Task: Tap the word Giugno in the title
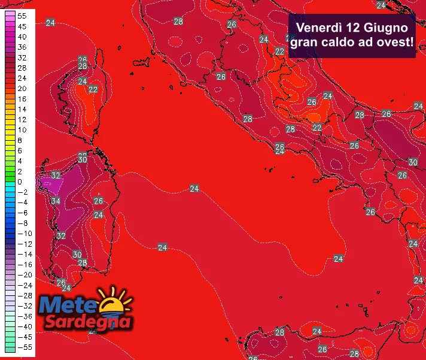389,28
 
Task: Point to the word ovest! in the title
393,43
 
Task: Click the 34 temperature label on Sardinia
55,201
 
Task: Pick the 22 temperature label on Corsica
93,89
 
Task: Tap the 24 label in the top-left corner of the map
51,23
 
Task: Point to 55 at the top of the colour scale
22,16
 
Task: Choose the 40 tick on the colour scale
22,37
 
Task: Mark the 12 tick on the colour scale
22,119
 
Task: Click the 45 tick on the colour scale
22,26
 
